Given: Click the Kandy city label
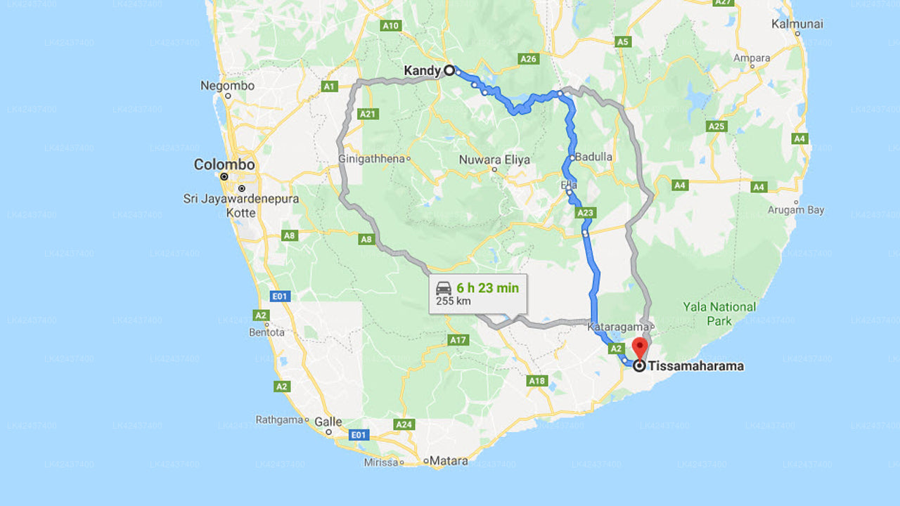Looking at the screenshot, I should pos(422,71).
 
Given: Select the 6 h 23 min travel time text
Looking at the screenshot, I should pos(487,287).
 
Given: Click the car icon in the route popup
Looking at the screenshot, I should pos(444,288).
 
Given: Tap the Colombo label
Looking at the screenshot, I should pos(224,164).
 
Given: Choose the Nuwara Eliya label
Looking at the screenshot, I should pos(494,160).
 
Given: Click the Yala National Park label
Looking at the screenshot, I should pos(719,313).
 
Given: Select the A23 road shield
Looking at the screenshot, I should pos(585,212).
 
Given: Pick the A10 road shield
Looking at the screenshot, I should pos(390,26).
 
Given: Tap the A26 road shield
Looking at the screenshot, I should pos(529,59).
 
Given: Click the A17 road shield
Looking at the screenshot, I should pos(458,340).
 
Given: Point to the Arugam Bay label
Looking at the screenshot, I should pos(796,210).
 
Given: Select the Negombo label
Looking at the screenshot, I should pos(227,86).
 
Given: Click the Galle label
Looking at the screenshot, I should pos(328,422).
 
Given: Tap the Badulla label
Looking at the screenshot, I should pos(593,157).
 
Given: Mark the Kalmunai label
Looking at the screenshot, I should pos(797,24).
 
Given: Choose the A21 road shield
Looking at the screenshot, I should pos(368,114).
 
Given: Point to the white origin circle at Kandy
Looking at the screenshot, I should pos(449,70).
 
